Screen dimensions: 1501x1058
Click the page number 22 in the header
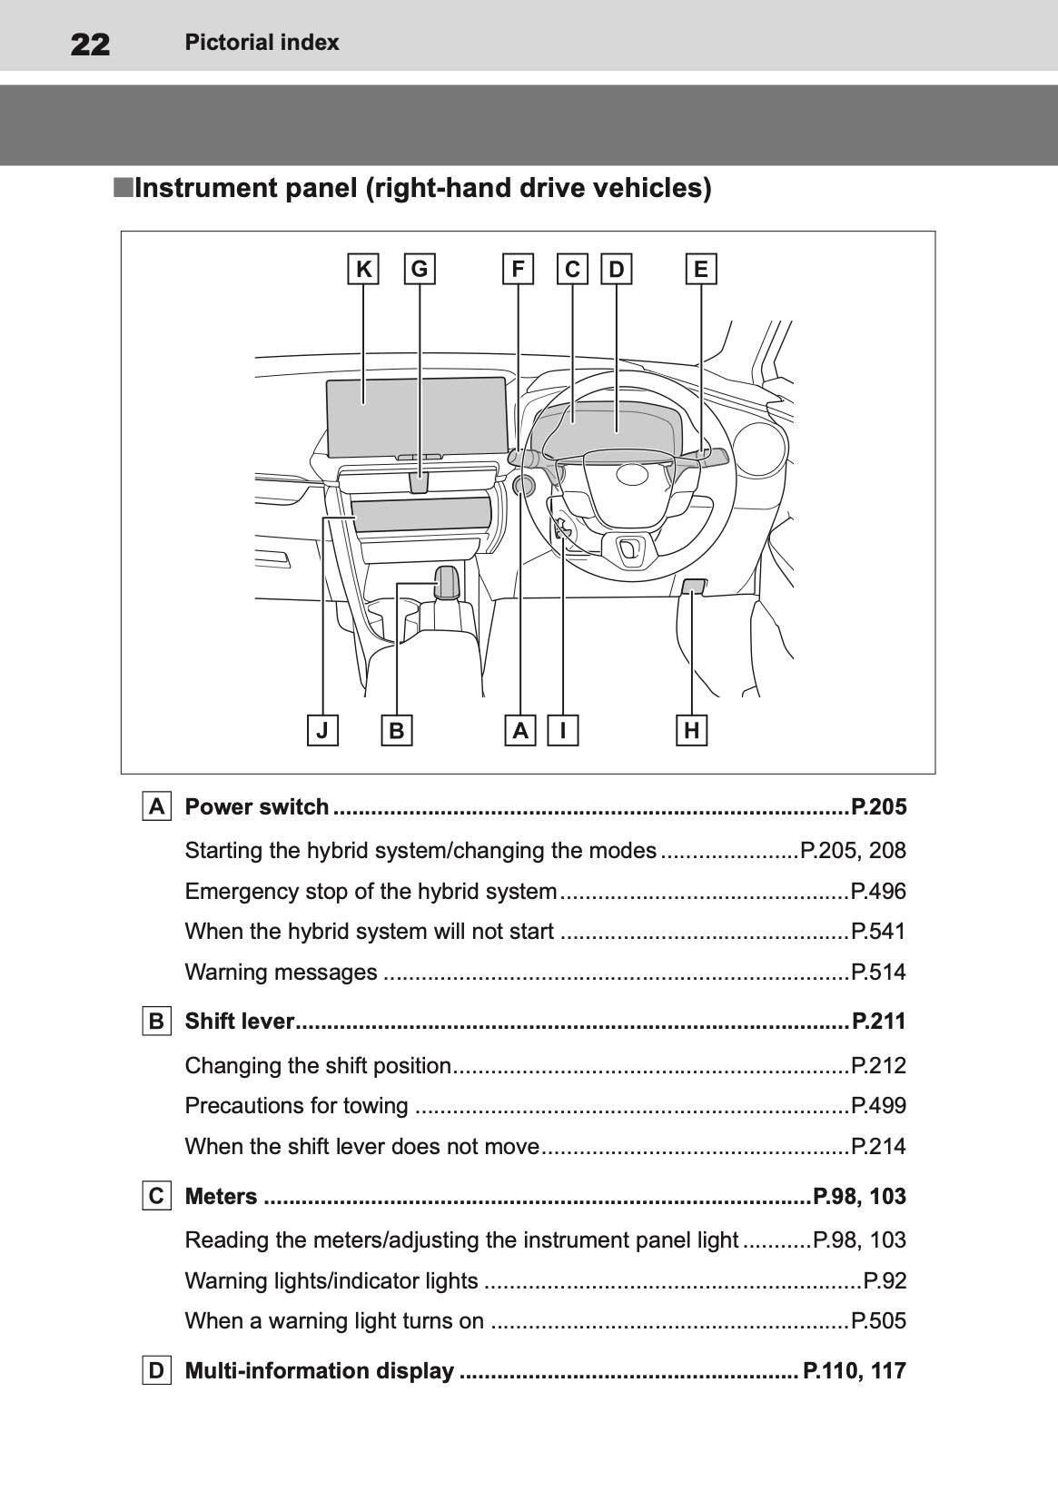click(90, 44)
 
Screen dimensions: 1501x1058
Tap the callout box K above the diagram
click(363, 269)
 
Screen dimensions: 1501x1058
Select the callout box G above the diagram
click(420, 269)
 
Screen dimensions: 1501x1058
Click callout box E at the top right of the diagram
click(700, 269)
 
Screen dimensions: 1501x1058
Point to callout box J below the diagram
click(322, 730)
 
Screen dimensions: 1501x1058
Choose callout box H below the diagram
click(692, 730)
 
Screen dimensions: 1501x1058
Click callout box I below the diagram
click(563, 730)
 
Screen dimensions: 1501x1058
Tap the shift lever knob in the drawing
click(446, 581)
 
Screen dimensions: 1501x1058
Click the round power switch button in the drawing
click(523, 486)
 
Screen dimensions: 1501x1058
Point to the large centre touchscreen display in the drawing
click(416, 418)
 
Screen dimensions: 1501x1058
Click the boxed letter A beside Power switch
click(157, 806)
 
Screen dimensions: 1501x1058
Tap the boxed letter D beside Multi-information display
click(157, 1370)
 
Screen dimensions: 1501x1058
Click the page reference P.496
click(878, 892)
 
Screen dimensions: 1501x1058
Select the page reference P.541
click(878, 932)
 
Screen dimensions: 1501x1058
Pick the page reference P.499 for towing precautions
click(878, 1106)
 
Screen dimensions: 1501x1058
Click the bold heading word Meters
click(221, 1196)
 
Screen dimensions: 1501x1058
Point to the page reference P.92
click(885, 1281)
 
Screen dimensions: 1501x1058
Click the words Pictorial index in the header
click(262, 43)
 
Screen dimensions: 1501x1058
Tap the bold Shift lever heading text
click(239, 1022)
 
